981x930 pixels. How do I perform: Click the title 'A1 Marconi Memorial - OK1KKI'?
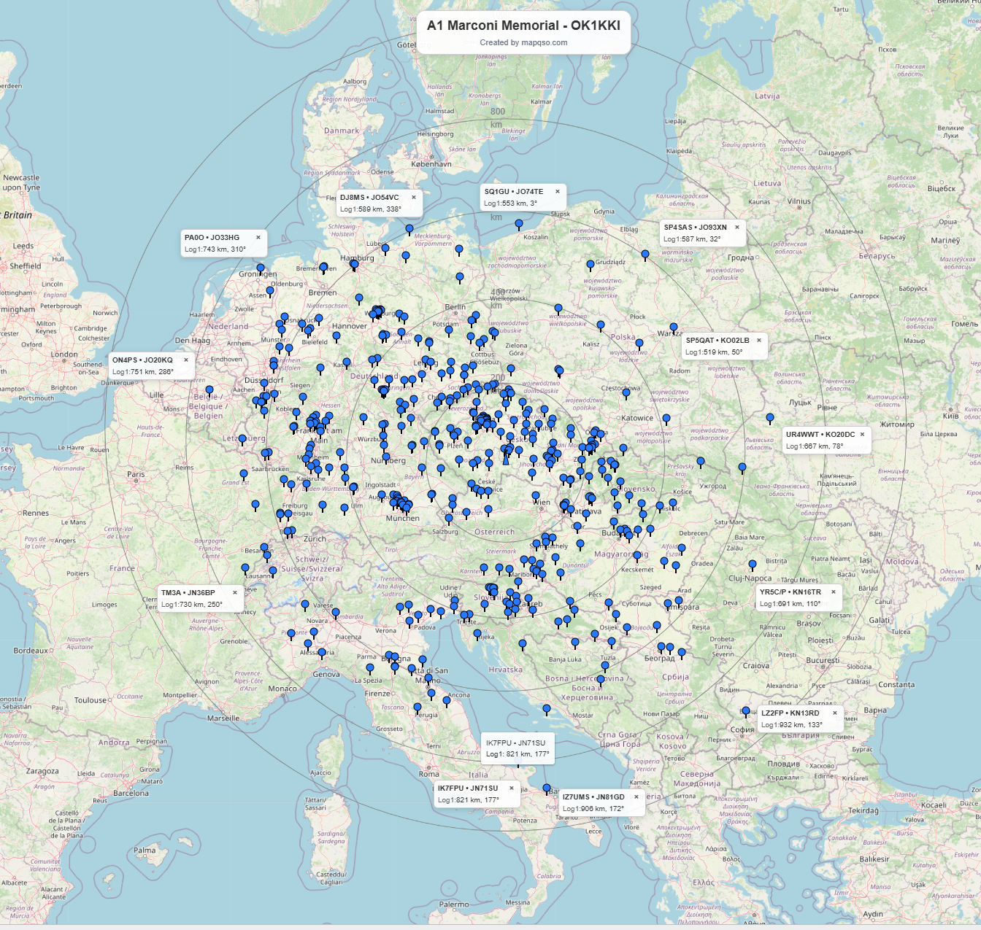(x=523, y=26)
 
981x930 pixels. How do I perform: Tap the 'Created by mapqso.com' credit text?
(x=523, y=43)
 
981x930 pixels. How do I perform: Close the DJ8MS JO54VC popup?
(x=414, y=198)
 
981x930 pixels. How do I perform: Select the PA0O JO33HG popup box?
(x=223, y=244)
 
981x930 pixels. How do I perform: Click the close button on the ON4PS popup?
(x=186, y=360)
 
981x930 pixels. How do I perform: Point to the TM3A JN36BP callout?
(x=199, y=599)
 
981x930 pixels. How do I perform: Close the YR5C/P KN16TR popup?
(x=834, y=592)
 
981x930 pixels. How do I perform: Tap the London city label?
(x=64, y=355)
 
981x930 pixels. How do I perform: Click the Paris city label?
(x=136, y=475)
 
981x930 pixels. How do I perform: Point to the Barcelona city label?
(x=131, y=794)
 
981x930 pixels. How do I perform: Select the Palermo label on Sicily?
(x=454, y=905)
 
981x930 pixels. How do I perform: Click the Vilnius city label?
(x=799, y=202)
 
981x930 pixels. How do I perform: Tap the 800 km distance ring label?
(x=498, y=112)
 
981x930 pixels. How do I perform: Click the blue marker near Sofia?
(x=745, y=710)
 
